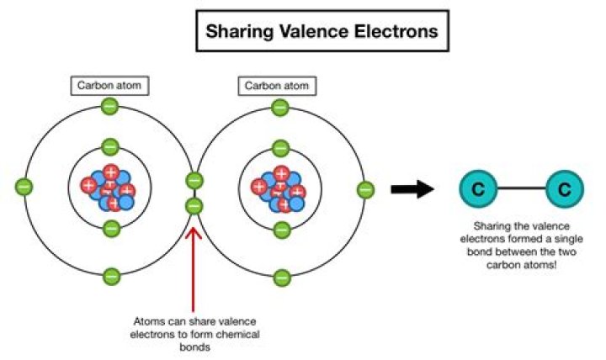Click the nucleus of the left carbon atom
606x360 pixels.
(x=109, y=188)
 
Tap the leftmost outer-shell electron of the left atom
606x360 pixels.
(x=24, y=187)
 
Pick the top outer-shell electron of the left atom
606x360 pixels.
(x=109, y=107)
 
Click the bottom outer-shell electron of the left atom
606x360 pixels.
(x=110, y=275)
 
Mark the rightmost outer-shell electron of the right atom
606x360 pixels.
(x=365, y=189)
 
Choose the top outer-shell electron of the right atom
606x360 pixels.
(x=280, y=107)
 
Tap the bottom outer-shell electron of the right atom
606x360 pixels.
(x=280, y=274)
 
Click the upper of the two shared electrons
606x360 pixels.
(x=194, y=180)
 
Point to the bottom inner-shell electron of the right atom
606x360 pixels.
(x=280, y=228)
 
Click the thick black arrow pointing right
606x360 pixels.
(x=412, y=189)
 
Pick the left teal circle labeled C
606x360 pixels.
(x=477, y=189)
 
